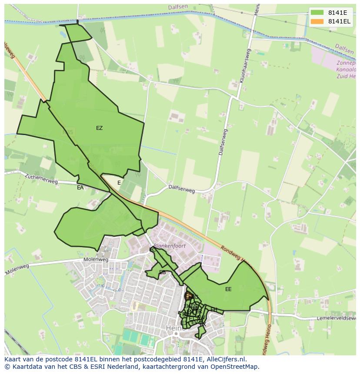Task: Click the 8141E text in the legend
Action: (337, 13)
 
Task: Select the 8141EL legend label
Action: (340, 21)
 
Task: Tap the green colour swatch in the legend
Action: (317, 13)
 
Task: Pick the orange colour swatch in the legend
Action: (317, 21)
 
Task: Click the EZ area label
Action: (100, 128)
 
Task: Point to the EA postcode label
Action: (80, 188)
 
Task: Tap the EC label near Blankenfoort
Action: (153, 250)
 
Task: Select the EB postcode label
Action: (163, 272)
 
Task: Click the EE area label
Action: (228, 289)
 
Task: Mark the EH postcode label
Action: (213, 309)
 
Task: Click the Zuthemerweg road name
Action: (41, 179)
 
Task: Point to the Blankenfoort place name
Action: (170, 246)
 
